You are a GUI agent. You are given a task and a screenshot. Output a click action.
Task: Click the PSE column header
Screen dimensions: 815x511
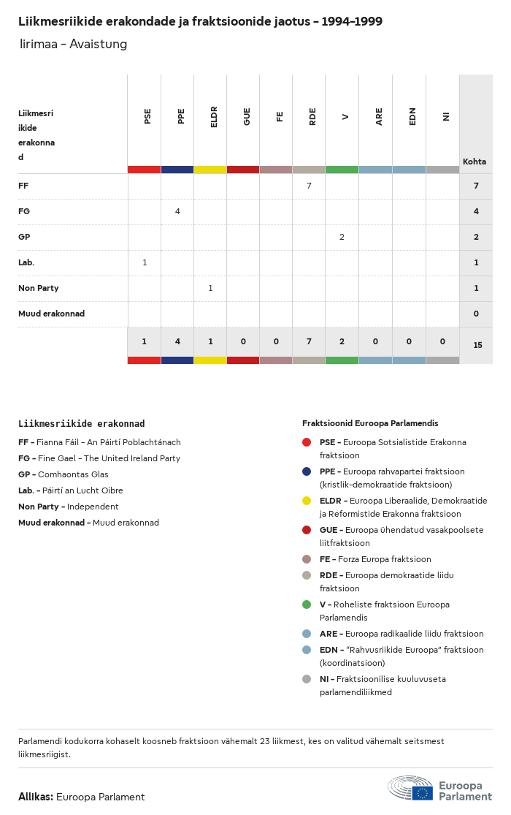tap(147, 115)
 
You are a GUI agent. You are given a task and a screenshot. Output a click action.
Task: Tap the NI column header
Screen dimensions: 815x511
tap(445, 116)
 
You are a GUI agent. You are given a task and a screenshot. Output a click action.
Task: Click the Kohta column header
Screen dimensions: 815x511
tap(474, 162)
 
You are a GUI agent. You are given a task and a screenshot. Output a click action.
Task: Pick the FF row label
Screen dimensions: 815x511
tap(23, 186)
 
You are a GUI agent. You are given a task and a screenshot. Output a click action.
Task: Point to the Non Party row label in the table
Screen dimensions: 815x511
tap(39, 288)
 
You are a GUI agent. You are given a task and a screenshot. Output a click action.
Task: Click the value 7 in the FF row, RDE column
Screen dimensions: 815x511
tap(309, 186)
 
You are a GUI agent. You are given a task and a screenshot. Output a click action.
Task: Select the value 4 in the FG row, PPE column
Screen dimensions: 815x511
tap(177, 211)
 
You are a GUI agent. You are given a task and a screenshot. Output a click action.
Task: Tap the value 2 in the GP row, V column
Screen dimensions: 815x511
tap(342, 237)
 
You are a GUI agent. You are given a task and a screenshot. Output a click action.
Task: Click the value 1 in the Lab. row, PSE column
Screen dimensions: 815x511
tap(145, 262)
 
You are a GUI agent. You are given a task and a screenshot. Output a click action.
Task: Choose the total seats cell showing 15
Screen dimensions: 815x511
tap(477, 345)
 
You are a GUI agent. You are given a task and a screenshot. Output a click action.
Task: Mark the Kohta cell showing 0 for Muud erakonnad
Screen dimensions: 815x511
tap(476, 314)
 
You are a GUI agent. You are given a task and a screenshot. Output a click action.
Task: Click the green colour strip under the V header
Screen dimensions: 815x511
tap(342, 170)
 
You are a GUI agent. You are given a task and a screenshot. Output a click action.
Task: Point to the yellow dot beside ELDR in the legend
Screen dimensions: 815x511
tap(307, 501)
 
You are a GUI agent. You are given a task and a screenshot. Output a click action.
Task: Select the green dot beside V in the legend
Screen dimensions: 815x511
tap(307, 604)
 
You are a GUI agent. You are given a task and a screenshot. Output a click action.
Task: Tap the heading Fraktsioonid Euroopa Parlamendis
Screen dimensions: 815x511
tap(370, 423)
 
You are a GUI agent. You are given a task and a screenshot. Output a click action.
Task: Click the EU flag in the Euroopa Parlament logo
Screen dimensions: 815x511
tap(422, 793)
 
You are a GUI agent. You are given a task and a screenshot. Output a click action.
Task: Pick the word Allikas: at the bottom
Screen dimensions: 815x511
tap(35, 797)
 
